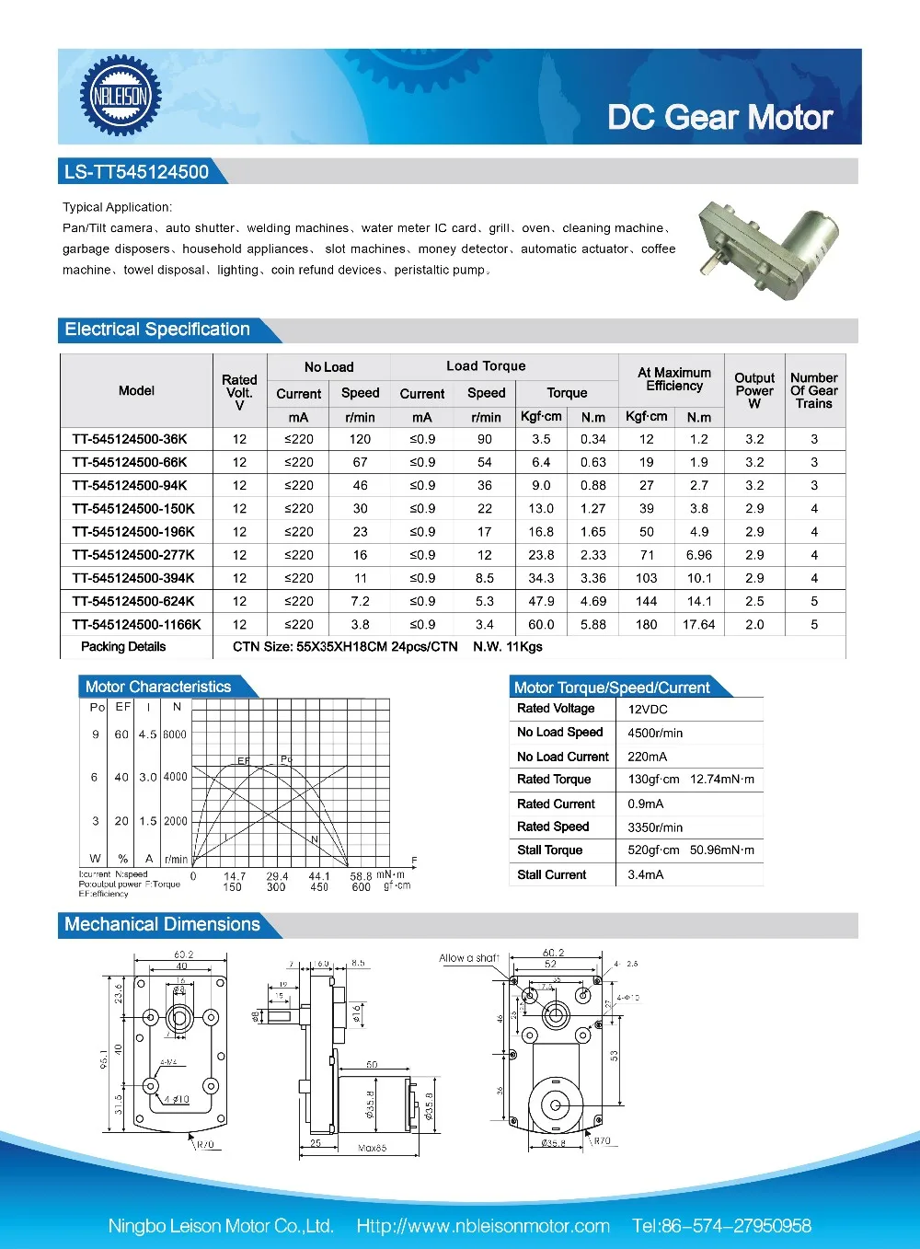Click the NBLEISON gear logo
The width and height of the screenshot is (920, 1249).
click(x=121, y=96)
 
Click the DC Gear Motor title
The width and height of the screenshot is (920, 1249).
click(x=719, y=118)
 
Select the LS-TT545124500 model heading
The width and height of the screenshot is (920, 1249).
click(x=136, y=172)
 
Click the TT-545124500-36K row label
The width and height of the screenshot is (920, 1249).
click(x=130, y=439)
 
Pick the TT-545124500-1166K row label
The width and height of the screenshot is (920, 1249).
click(x=136, y=624)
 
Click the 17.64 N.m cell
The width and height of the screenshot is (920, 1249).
click(x=699, y=624)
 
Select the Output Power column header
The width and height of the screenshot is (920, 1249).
click(x=754, y=390)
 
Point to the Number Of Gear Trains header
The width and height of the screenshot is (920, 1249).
click(x=814, y=390)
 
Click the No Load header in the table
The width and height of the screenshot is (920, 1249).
click(x=328, y=366)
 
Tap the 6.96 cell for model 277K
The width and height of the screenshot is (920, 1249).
click(x=699, y=555)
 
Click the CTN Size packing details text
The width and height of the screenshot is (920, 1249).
click(x=345, y=646)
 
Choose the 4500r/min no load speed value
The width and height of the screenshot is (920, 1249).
click(x=655, y=734)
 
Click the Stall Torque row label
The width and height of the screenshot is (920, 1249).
click(x=550, y=850)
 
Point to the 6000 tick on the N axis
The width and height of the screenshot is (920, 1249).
click(x=175, y=734)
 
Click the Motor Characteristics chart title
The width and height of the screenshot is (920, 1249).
click(x=158, y=687)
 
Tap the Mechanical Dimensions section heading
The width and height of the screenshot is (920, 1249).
click(x=163, y=924)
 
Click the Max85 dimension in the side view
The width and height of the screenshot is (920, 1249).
click(x=372, y=1148)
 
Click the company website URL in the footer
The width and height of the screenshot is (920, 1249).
click(x=483, y=1226)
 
